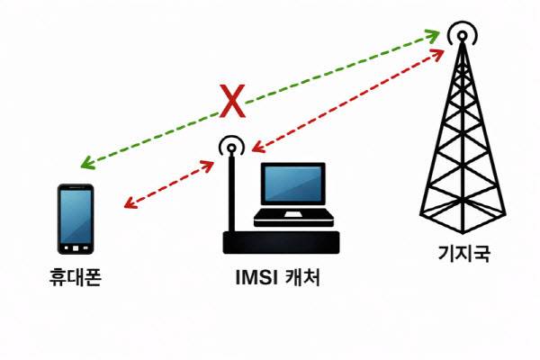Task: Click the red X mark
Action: point(232,103)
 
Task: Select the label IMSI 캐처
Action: point(272,279)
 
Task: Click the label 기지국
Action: point(459,256)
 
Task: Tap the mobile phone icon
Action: point(76,219)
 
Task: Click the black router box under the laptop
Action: point(280,241)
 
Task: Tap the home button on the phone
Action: point(76,247)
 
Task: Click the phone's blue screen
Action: point(76,215)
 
